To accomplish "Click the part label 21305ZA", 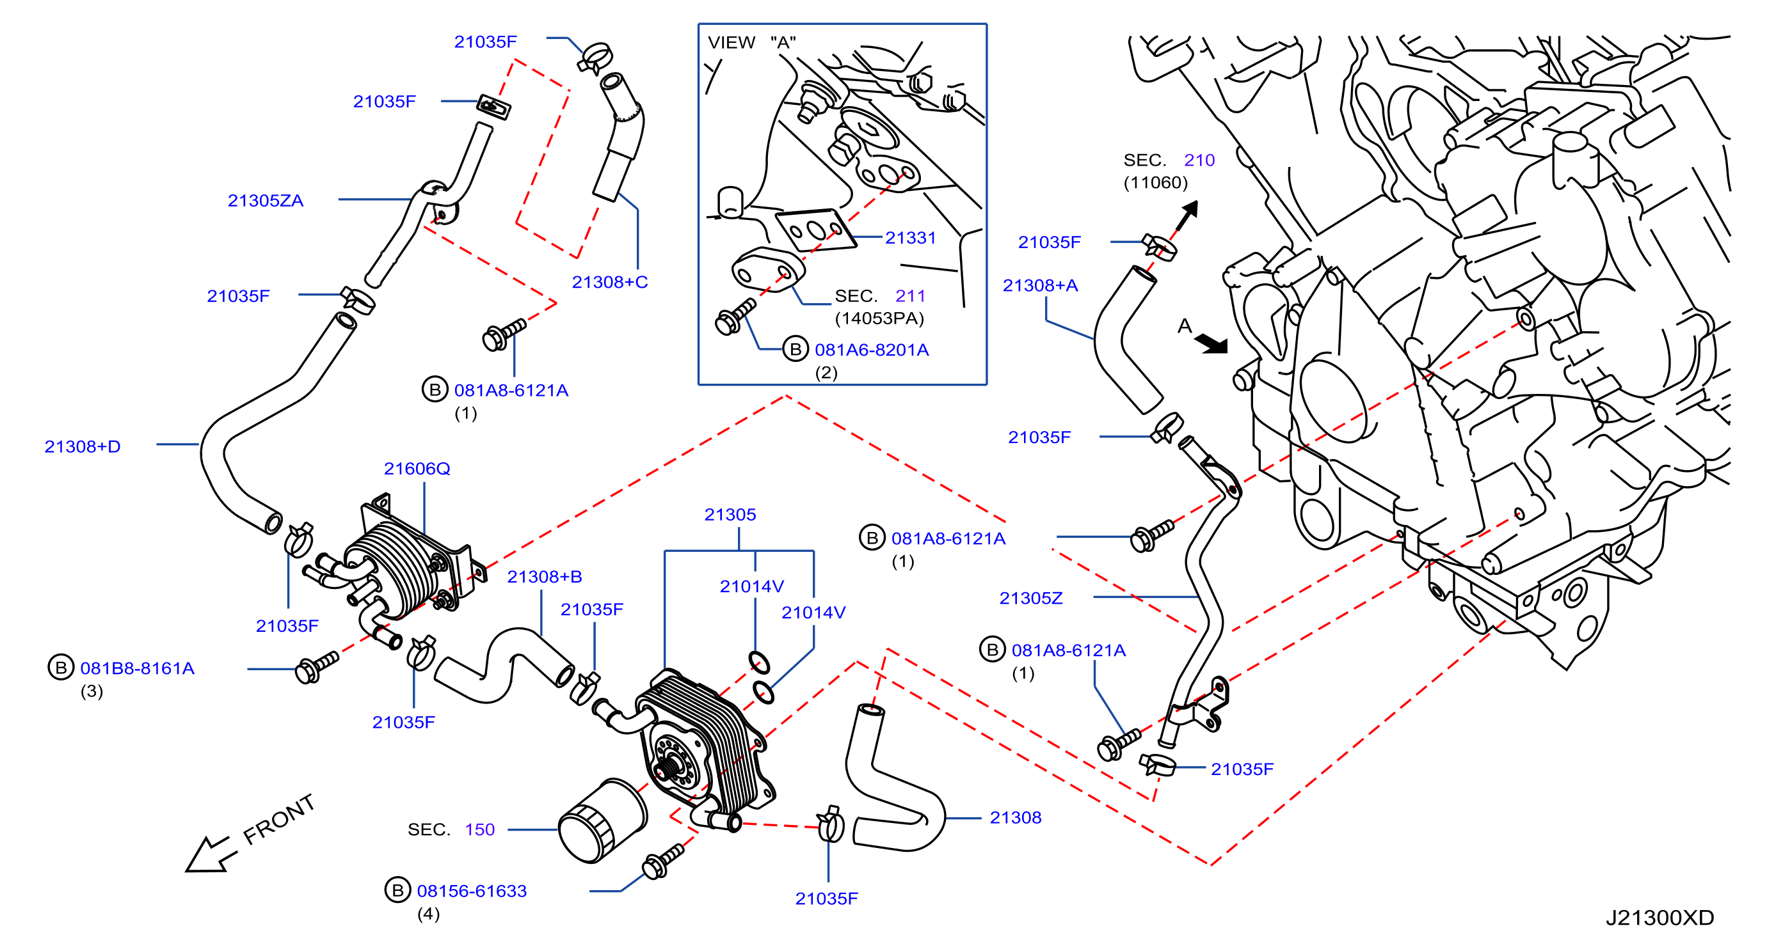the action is [x=265, y=201].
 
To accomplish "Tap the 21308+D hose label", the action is [x=83, y=447].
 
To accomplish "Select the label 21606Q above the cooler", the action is [x=417, y=469].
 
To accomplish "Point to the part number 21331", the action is [x=910, y=238].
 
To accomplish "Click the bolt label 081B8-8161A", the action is [x=137, y=669].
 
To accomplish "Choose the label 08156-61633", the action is [x=472, y=891].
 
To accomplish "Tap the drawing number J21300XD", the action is [x=1659, y=918].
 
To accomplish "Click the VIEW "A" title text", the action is [x=752, y=43].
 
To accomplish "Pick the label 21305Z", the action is [x=1030, y=599].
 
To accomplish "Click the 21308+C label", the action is [x=610, y=282].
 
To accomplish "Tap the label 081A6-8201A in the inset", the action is [x=872, y=350].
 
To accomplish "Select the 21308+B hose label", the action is [x=544, y=577].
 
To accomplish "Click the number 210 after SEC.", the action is [x=1199, y=161].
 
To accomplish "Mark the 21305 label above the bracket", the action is [x=730, y=515].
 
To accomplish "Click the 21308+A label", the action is [x=1041, y=286].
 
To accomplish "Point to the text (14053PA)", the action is [x=879, y=319].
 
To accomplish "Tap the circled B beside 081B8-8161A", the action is [x=61, y=668].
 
